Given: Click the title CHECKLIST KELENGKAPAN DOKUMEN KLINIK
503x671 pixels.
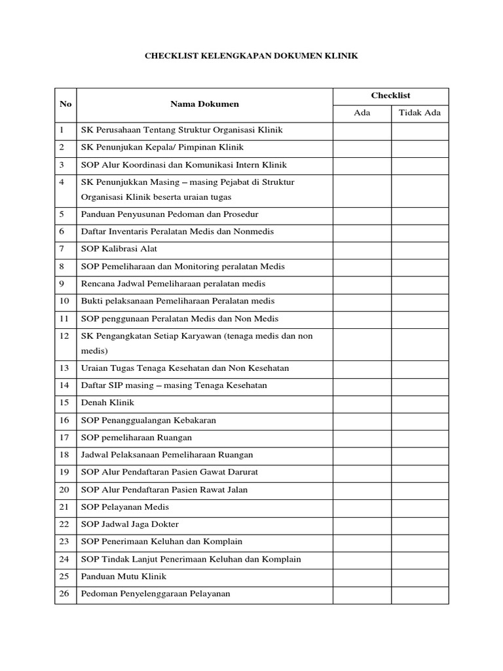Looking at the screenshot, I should tap(251, 57).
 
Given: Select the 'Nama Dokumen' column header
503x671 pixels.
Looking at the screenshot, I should tap(204, 104).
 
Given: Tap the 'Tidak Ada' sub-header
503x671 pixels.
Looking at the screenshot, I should tap(420, 113).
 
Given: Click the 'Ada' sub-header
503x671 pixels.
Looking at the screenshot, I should tap(362, 113).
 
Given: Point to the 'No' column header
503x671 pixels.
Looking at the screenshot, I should tap(65, 104).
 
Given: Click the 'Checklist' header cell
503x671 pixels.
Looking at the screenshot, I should tap(390, 96).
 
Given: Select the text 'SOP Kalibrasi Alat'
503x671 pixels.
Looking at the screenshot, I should tap(119, 249).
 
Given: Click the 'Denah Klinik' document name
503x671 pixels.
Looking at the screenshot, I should tap(107, 402).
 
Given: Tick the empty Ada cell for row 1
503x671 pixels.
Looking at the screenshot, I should tap(362, 130).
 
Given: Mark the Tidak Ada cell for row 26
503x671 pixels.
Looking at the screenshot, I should tap(420, 594).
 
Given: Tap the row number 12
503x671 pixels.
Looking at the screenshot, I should tap(64, 336).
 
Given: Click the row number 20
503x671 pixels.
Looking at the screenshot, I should tap(64, 489).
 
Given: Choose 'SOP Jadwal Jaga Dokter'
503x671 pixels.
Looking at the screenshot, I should tap(129, 524).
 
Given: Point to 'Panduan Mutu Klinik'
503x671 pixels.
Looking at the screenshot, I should tap(124, 577).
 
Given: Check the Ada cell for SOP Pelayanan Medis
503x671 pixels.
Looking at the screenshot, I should tap(362, 507).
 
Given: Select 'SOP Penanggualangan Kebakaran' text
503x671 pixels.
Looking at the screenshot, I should tap(148, 420).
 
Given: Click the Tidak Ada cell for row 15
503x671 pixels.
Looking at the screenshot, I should tap(420, 402).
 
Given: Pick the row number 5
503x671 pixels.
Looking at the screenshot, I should tap(62, 214).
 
